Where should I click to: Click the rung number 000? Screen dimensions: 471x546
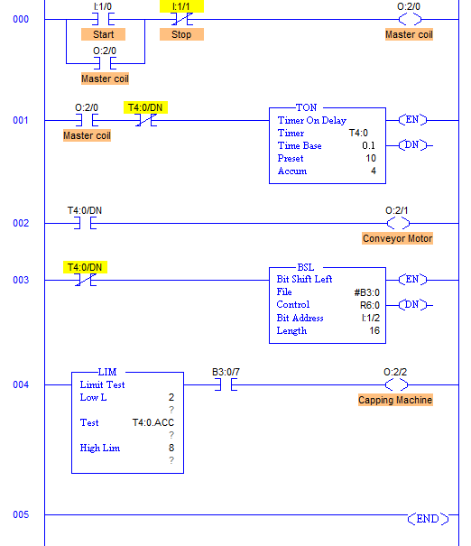[x=21, y=19]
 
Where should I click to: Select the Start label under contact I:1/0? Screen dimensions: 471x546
[x=103, y=34]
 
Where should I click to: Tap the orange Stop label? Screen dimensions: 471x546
[x=181, y=34]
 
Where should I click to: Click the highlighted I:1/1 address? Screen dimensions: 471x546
[x=181, y=6]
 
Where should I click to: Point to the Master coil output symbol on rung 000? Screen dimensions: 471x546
[x=410, y=19]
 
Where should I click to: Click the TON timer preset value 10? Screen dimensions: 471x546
[x=371, y=159]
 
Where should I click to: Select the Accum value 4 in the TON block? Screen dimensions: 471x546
[x=374, y=171]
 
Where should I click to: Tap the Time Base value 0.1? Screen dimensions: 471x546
[x=368, y=145]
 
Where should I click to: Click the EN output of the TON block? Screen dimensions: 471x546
[x=412, y=120]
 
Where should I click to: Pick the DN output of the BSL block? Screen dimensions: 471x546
[x=412, y=305]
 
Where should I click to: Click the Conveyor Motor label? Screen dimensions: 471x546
[x=398, y=238]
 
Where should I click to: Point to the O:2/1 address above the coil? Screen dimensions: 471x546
[x=396, y=210]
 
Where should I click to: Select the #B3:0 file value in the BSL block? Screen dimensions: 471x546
[x=367, y=292]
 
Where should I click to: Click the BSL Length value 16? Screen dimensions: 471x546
[x=374, y=330]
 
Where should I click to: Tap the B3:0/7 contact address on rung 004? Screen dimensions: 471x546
[x=226, y=372]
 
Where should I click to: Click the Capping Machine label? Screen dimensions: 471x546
[x=395, y=400]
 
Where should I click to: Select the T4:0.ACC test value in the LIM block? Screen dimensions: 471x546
[x=153, y=422]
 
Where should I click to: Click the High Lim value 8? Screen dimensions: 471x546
[x=171, y=448]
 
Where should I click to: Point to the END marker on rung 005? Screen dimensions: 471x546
[x=428, y=519]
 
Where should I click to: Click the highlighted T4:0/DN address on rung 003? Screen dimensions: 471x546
[x=85, y=267]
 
